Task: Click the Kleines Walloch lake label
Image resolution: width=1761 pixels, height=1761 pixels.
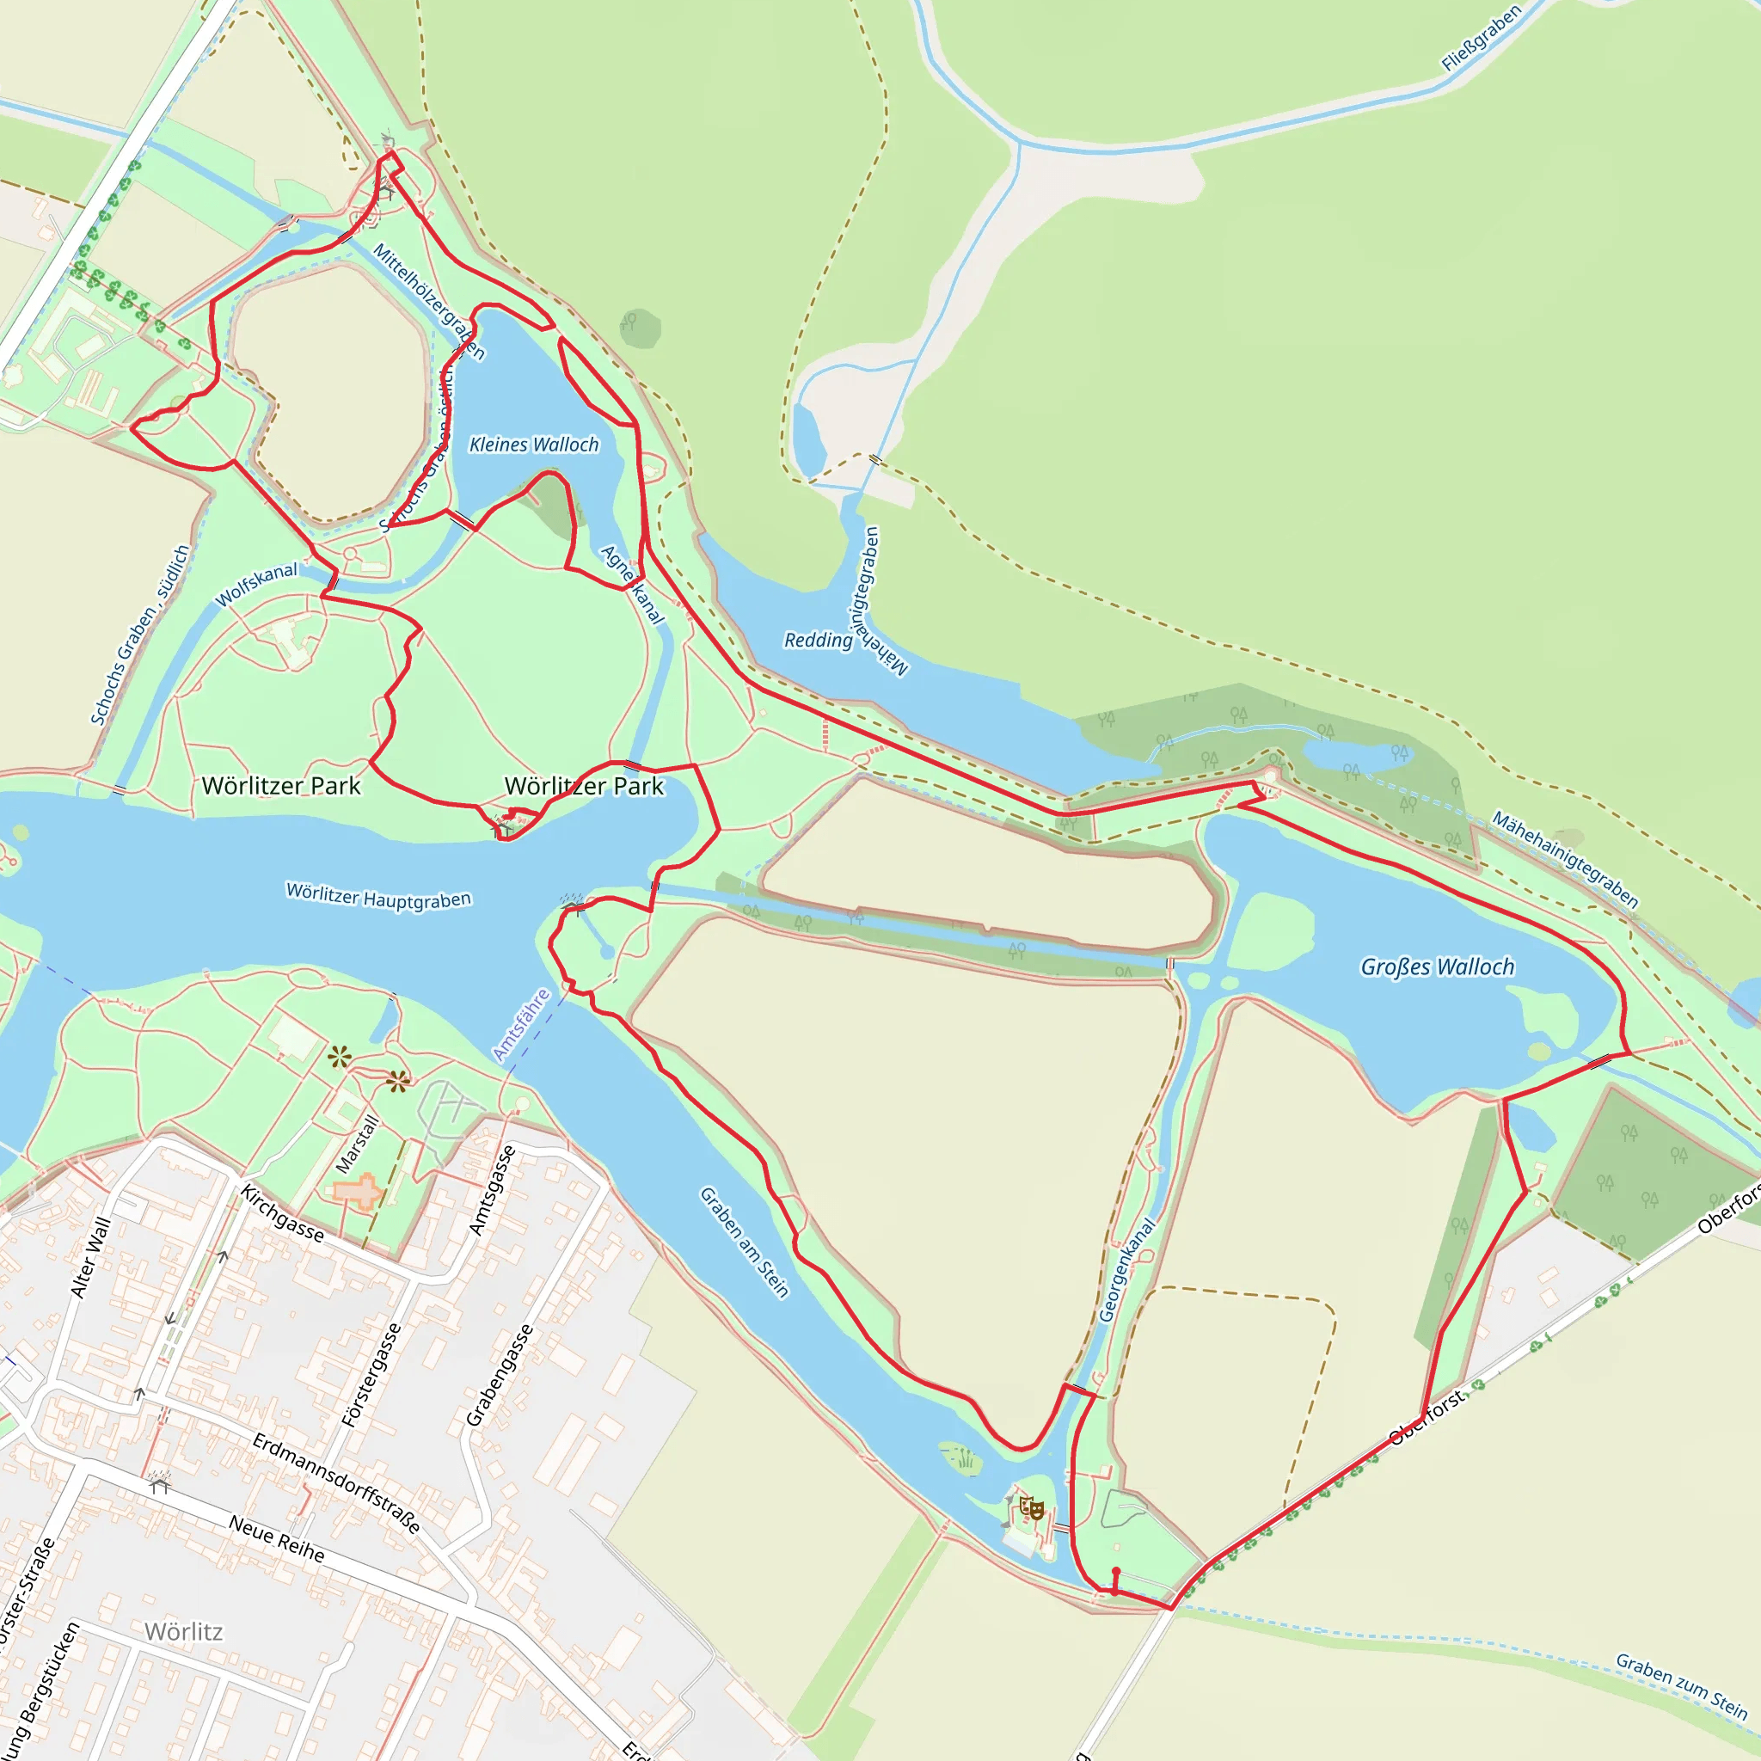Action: tap(534, 445)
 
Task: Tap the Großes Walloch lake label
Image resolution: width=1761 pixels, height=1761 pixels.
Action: tap(1438, 967)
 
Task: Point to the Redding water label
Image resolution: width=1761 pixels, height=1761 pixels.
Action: tap(819, 641)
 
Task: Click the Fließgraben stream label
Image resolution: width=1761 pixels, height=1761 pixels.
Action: tap(1482, 39)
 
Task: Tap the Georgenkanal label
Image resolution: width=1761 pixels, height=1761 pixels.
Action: tap(1126, 1271)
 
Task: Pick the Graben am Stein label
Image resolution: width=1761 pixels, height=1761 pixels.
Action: tap(744, 1242)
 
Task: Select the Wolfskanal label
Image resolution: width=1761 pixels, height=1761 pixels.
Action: tap(256, 584)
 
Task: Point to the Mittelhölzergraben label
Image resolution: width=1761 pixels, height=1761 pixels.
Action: tap(428, 302)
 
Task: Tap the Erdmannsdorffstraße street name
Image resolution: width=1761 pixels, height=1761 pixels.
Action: tap(336, 1483)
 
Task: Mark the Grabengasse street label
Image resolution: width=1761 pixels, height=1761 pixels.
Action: tap(500, 1376)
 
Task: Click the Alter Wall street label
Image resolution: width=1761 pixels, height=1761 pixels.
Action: tap(90, 1258)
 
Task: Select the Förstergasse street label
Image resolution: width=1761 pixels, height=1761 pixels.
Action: tap(371, 1376)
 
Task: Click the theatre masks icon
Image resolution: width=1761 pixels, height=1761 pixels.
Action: tap(1031, 1508)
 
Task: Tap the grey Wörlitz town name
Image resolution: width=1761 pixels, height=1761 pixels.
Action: tap(183, 1631)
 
